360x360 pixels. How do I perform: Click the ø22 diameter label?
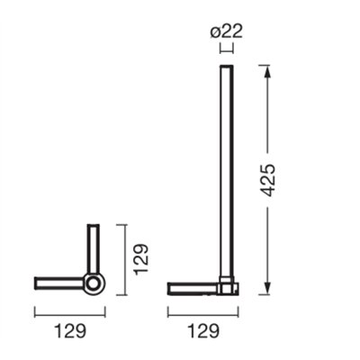click(226, 31)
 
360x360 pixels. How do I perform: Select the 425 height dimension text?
click(266, 180)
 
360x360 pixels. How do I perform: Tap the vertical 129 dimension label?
click(141, 259)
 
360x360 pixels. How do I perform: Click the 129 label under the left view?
click(70, 331)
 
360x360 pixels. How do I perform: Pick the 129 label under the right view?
click(203, 331)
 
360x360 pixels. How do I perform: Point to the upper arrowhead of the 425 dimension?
click(267, 71)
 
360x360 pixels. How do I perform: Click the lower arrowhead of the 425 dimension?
click(267, 287)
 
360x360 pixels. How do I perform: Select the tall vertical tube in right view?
click(227, 171)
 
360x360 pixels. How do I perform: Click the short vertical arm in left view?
click(93, 248)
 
